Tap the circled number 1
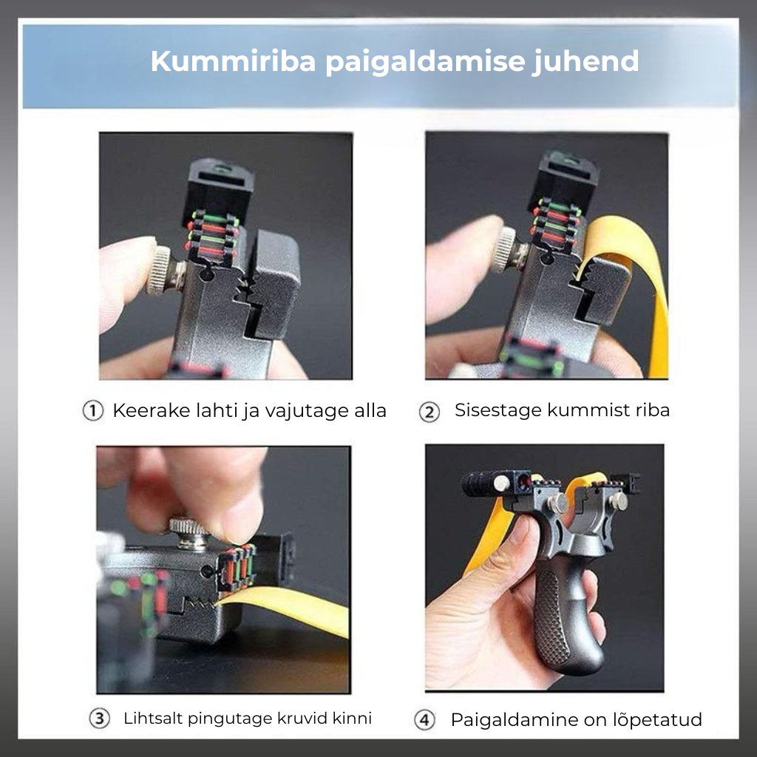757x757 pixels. (x=92, y=411)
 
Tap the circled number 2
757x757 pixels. (x=430, y=412)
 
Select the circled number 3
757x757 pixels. (x=100, y=718)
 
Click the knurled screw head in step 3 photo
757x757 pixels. (x=190, y=532)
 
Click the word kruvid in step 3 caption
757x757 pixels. (x=305, y=718)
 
